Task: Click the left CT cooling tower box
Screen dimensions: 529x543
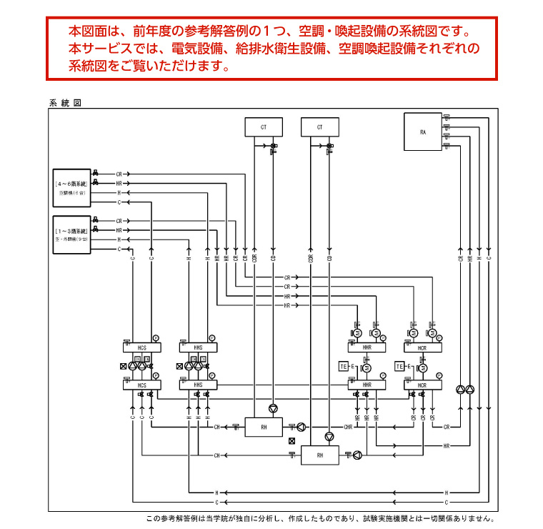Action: coord(264,127)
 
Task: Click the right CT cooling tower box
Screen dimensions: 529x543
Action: coord(319,127)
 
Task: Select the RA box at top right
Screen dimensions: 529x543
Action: coord(423,132)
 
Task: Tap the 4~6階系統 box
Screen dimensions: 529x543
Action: coord(71,188)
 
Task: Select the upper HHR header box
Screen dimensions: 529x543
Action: coord(367,347)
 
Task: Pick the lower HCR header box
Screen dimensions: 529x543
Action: coord(422,385)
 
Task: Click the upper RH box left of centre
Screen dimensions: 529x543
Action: coord(264,427)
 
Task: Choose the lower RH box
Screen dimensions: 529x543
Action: coord(319,455)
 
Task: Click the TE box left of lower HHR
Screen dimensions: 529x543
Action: coord(343,367)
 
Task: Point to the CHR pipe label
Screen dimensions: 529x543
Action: coord(348,427)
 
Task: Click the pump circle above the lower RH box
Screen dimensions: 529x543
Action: coord(329,436)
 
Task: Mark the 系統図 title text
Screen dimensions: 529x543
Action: coord(64,102)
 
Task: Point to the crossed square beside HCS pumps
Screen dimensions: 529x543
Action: coord(124,367)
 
